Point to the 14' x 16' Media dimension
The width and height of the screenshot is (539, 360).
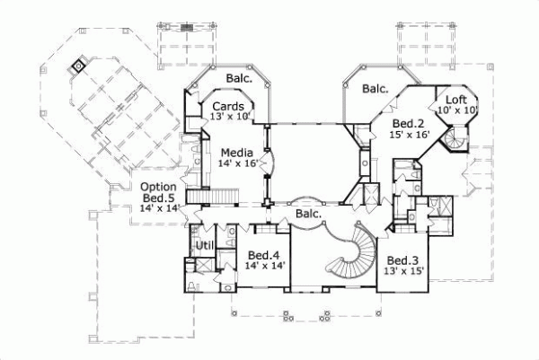(237, 163)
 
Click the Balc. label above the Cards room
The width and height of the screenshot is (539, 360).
(239, 78)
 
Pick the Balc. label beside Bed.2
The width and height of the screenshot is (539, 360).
(376, 89)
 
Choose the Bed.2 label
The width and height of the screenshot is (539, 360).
(410, 123)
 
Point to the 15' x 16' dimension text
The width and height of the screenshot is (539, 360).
(411, 135)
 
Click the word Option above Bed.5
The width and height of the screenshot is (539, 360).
(158, 187)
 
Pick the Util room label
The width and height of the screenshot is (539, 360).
(204, 245)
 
